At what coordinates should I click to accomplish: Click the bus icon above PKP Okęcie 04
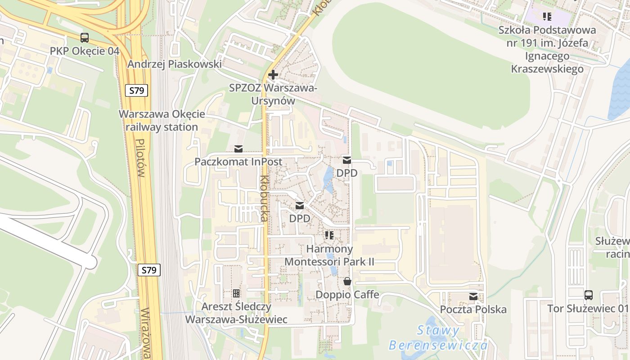(85, 38)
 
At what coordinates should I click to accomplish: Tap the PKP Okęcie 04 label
(85, 51)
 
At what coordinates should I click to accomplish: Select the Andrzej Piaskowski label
(174, 64)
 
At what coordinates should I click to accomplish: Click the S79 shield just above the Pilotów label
(136, 90)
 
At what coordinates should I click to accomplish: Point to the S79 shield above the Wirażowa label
(148, 270)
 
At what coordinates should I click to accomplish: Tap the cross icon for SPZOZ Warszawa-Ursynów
(273, 75)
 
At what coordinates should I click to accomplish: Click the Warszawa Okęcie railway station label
(162, 120)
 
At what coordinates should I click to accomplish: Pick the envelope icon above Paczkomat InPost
(238, 149)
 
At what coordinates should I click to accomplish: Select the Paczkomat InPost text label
(238, 162)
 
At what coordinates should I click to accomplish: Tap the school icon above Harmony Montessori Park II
(329, 235)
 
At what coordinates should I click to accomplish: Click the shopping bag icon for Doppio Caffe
(347, 282)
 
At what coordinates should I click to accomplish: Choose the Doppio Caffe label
(347, 295)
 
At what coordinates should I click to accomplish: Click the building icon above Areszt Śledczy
(236, 293)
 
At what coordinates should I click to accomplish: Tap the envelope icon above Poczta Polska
(473, 297)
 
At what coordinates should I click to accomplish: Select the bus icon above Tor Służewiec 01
(588, 295)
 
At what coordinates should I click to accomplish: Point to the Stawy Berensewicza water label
(438, 338)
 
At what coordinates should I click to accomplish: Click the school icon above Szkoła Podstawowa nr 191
(547, 17)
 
